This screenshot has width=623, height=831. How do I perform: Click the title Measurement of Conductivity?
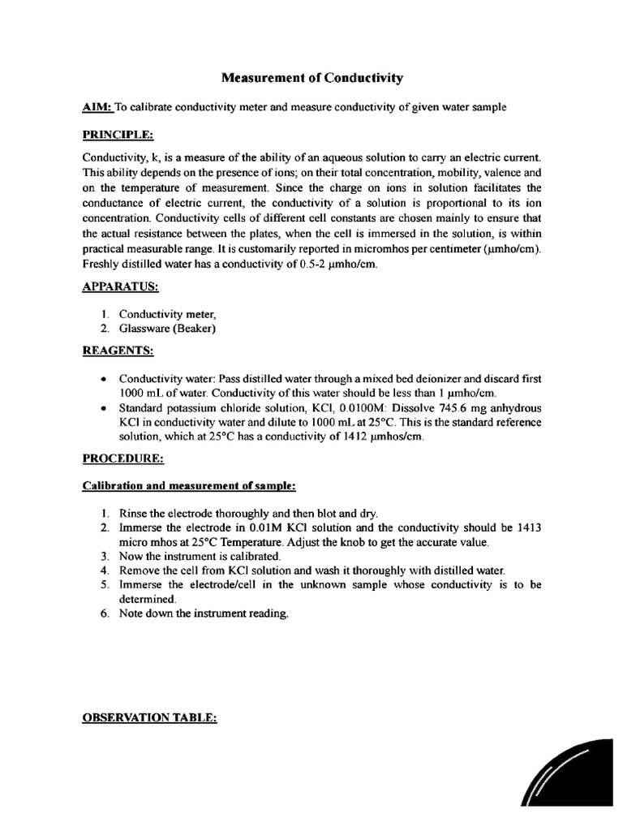tap(312, 78)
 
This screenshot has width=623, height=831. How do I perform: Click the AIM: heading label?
tap(98, 107)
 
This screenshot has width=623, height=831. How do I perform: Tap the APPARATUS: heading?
tap(120, 286)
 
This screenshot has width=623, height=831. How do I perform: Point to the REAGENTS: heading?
tap(117, 351)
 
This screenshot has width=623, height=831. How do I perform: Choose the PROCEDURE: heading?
tap(123, 459)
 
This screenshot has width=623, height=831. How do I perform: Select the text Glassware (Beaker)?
tap(167, 328)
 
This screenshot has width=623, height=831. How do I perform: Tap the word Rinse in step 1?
tap(133, 513)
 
